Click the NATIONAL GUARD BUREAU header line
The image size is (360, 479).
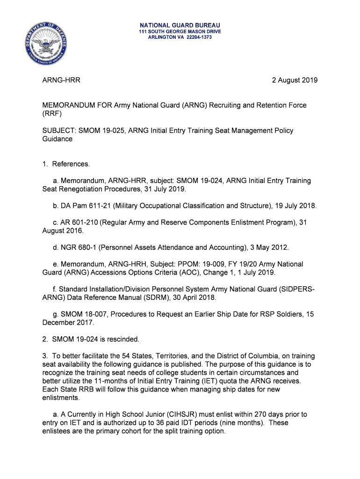click(180, 25)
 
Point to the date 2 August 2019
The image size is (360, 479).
click(295, 80)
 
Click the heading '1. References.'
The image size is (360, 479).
click(66, 164)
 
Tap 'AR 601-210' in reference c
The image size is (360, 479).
click(79, 223)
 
